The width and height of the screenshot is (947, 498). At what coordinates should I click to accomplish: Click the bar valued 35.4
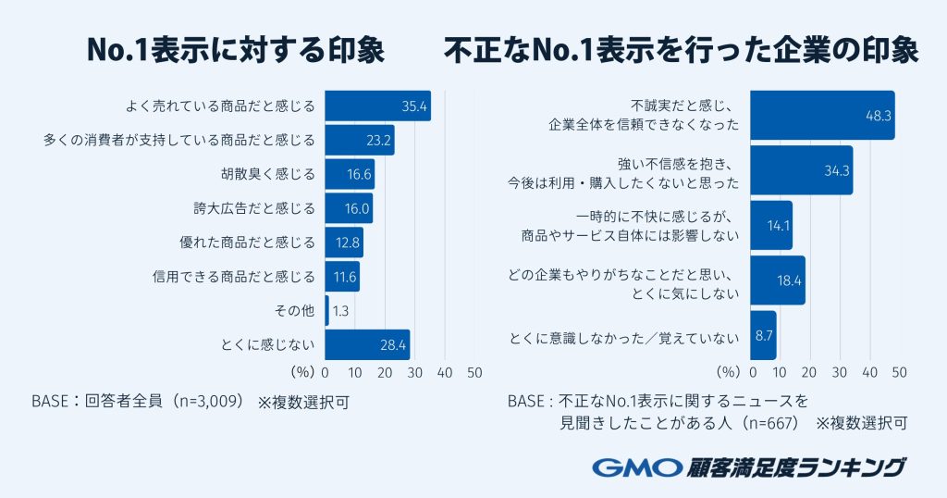(x=377, y=106)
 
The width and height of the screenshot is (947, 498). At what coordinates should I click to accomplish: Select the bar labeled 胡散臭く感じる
(x=350, y=174)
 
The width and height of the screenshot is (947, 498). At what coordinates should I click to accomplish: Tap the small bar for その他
(x=326, y=310)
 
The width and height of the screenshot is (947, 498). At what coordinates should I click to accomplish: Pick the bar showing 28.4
(x=367, y=344)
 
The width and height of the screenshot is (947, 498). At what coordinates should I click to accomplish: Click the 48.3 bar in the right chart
(x=821, y=116)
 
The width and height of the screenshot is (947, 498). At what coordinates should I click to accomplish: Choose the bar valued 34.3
(x=801, y=170)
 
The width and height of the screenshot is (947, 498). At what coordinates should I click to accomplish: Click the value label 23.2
(x=379, y=141)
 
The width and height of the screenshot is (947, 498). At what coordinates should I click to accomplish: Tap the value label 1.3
(x=340, y=311)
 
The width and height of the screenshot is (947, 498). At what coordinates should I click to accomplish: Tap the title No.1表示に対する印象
(x=235, y=51)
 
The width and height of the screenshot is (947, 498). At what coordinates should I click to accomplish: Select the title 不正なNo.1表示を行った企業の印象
(x=681, y=51)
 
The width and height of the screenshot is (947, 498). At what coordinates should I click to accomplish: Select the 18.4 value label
(x=789, y=280)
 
